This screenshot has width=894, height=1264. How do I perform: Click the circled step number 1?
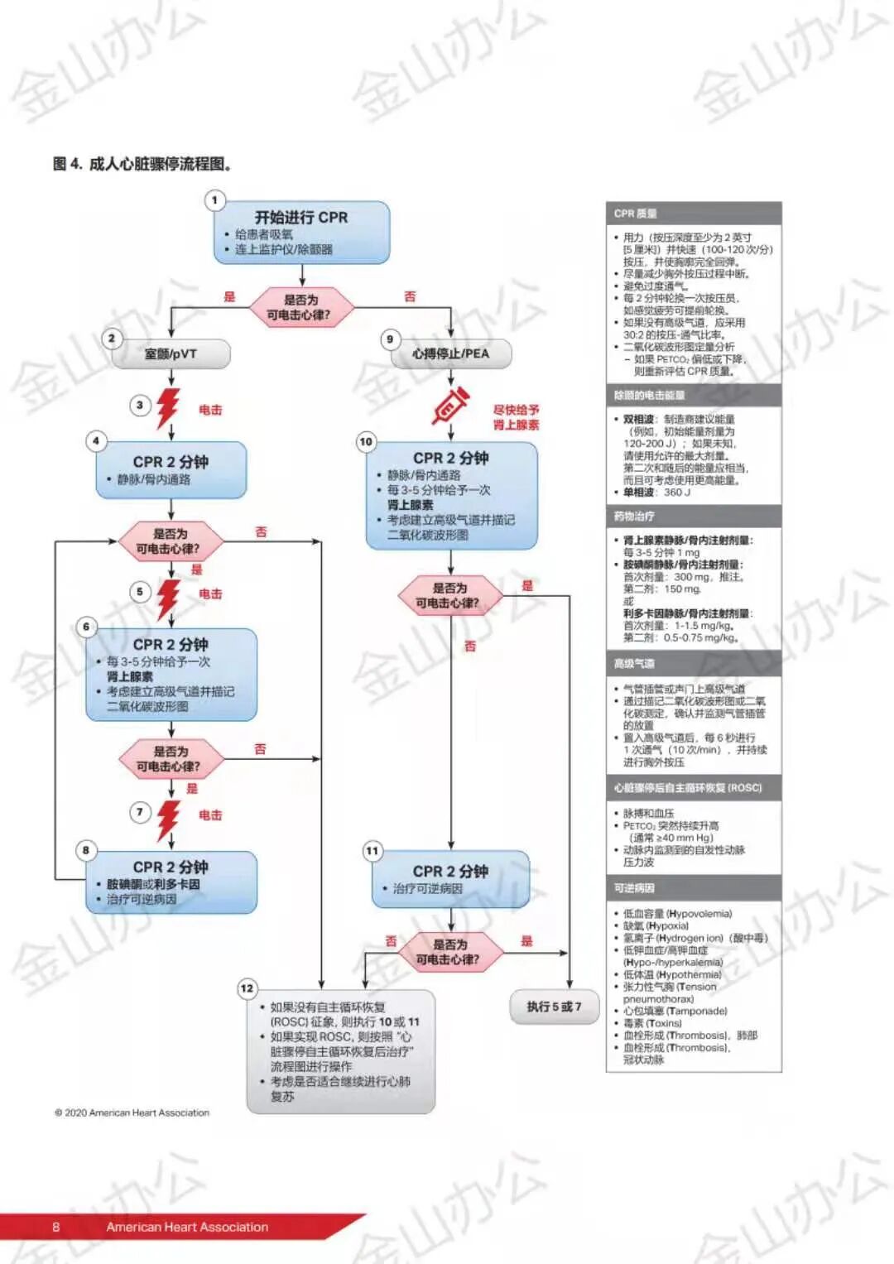tap(214, 200)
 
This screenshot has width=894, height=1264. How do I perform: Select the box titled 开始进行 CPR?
tap(301, 233)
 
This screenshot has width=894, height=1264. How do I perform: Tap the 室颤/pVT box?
tap(171, 354)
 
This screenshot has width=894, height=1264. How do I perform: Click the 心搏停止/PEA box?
tap(451, 354)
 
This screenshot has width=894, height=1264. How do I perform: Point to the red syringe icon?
tap(450, 407)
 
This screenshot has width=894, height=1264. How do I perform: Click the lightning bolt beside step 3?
tap(169, 407)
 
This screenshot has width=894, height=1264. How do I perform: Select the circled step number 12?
tap(247, 988)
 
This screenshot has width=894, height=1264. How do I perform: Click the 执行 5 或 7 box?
tap(554, 1007)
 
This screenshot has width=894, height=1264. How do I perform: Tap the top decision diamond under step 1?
tap(301, 307)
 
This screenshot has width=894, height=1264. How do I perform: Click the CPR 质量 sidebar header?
tap(693, 214)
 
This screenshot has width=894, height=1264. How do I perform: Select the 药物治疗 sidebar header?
tap(693, 516)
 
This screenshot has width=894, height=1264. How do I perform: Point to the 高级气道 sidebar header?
tap(693, 663)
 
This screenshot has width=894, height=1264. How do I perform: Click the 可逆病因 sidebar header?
tap(693, 887)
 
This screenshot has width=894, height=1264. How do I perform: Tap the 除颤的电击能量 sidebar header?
tap(693, 395)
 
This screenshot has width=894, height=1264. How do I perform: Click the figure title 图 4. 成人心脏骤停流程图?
tap(142, 164)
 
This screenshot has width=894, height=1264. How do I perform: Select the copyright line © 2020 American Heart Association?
tap(132, 1113)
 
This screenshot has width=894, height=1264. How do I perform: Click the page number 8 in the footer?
tap(56, 1227)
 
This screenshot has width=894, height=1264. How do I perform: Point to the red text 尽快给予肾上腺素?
tap(516, 417)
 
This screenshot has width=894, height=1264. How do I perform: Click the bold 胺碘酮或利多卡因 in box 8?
tap(153, 884)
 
